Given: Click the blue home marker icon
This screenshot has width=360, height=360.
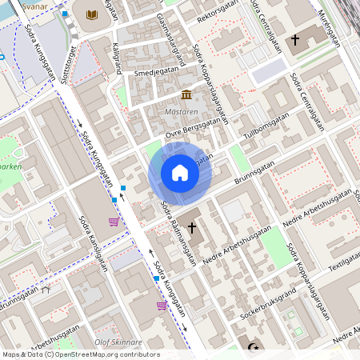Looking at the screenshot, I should [180, 173].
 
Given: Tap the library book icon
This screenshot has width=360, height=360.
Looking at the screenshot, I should [92, 14].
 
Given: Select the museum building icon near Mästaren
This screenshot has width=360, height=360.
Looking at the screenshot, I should [186, 95].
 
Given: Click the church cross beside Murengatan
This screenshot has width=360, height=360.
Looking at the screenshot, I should [295, 38].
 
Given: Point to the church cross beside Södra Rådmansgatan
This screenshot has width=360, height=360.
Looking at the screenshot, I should [192, 227].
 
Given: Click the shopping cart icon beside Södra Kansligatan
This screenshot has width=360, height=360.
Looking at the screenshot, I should [114, 222].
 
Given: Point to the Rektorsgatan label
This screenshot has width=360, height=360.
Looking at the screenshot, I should [218, 12].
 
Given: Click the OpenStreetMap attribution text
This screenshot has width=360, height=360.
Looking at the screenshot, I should [80, 354].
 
